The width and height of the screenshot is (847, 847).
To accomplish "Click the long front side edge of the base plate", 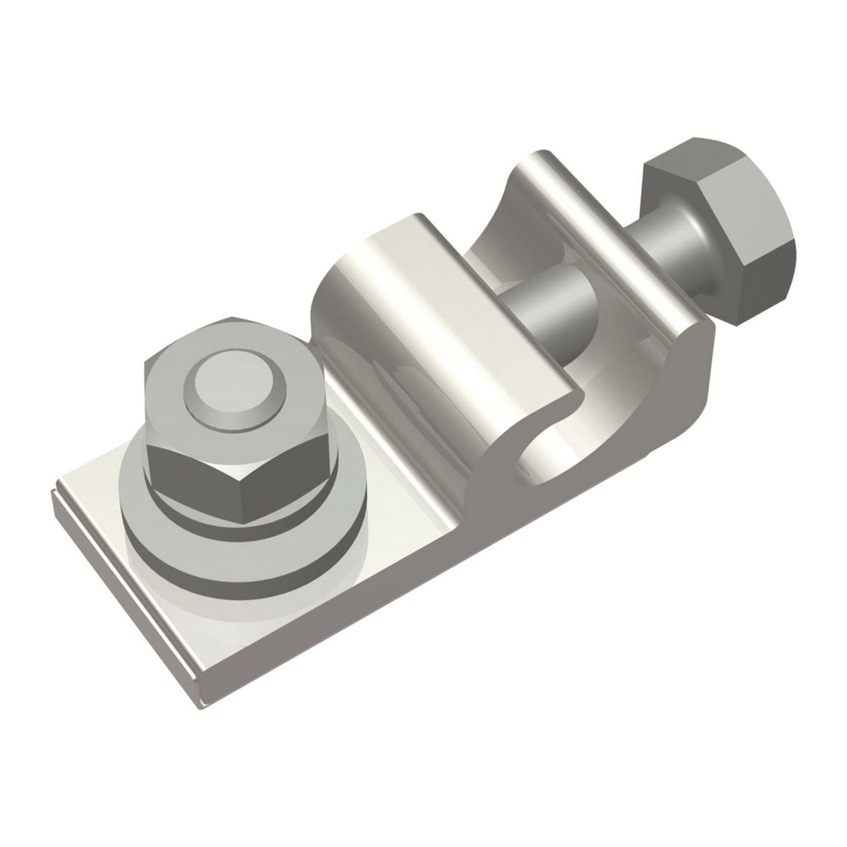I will click(395, 614).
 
